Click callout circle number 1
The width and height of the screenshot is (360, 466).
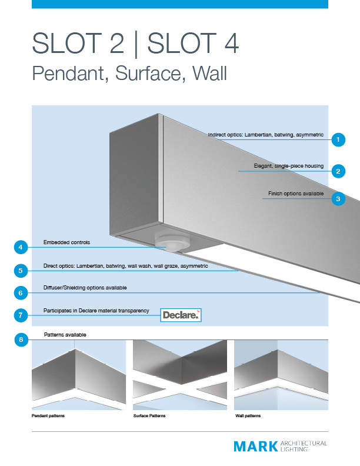[338, 140]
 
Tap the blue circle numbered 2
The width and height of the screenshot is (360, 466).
[338, 171]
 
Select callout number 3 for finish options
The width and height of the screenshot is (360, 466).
[338, 199]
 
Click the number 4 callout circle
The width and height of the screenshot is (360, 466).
[21, 247]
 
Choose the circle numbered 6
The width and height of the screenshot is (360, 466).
[21, 292]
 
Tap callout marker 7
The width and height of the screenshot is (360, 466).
[21, 315]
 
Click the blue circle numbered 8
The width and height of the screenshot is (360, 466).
[21, 339]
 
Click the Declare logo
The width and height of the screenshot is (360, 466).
[181, 315]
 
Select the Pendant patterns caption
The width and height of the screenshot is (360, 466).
[48, 416]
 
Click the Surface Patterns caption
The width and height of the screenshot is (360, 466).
[151, 416]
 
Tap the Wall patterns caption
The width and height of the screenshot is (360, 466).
[248, 416]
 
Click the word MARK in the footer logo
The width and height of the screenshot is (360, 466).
[255, 447]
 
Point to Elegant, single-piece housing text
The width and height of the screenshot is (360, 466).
[288, 166]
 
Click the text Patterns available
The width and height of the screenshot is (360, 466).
[65, 334]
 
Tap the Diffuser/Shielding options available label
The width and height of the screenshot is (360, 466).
[85, 288]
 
